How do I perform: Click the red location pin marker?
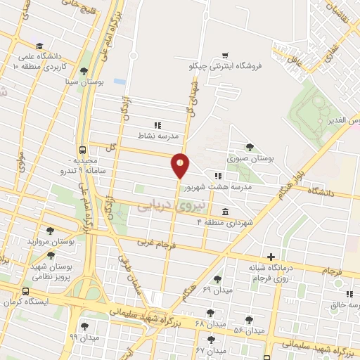181,165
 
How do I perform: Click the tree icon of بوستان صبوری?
250,147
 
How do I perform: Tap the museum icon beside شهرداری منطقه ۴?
224,212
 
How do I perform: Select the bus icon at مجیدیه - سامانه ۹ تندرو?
83,150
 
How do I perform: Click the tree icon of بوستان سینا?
84,70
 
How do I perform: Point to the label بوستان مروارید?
51,241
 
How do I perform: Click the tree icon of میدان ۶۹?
217,279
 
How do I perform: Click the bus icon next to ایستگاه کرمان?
26,291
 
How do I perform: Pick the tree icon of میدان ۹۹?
85,326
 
